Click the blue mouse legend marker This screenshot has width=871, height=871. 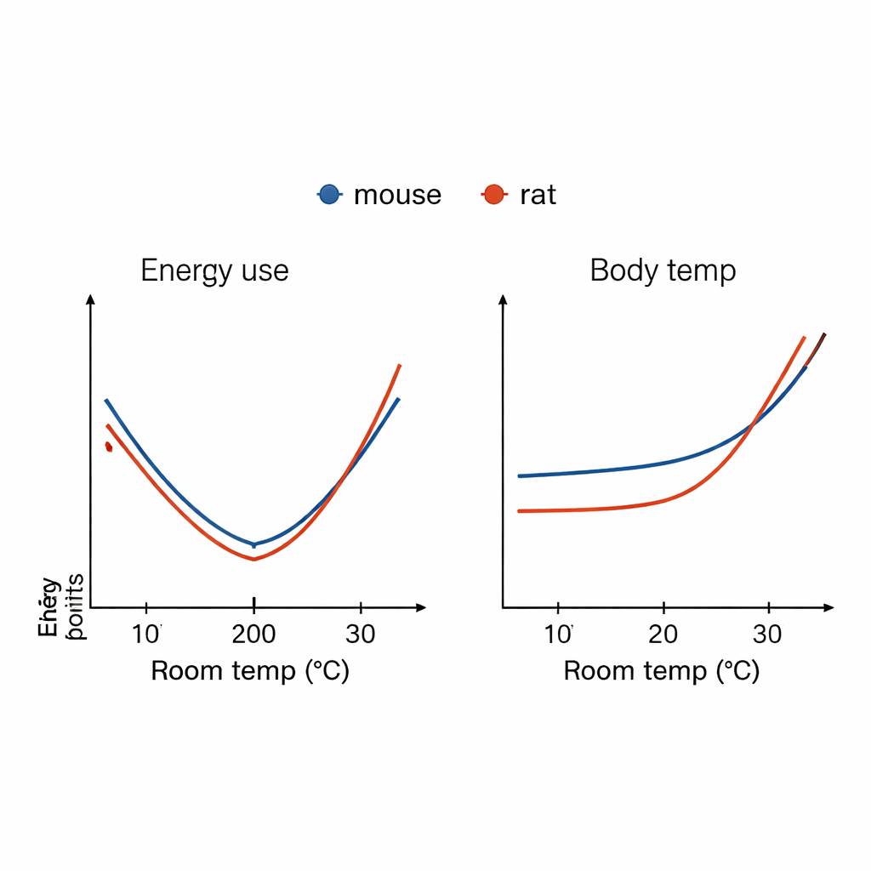click(329, 195)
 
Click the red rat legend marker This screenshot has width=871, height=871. click(493, 195)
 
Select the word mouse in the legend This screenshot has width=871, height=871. click(397, 196)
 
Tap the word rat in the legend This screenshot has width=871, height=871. click(538, 196)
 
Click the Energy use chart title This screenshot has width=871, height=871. click(214, 270)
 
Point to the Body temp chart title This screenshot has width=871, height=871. click(663, 270)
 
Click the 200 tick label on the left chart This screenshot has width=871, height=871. click(253, 635)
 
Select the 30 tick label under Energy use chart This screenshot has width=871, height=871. click(361, 635)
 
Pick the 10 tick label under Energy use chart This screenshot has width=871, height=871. click(147, 635)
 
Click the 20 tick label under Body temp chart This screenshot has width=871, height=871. click(663, 635)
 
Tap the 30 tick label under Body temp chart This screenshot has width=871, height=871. click(769, 635)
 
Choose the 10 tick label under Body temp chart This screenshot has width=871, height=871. click(558, 635)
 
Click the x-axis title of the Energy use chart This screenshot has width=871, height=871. click(250, 671)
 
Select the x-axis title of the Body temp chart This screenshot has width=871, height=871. click(662, 671)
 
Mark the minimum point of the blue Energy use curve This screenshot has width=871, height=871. click(253, 544)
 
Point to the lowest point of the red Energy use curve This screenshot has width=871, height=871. click(253, 559)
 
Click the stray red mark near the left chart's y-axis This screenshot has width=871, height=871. click(108, 446)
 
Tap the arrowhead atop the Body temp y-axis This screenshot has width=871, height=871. click(503, 299)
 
